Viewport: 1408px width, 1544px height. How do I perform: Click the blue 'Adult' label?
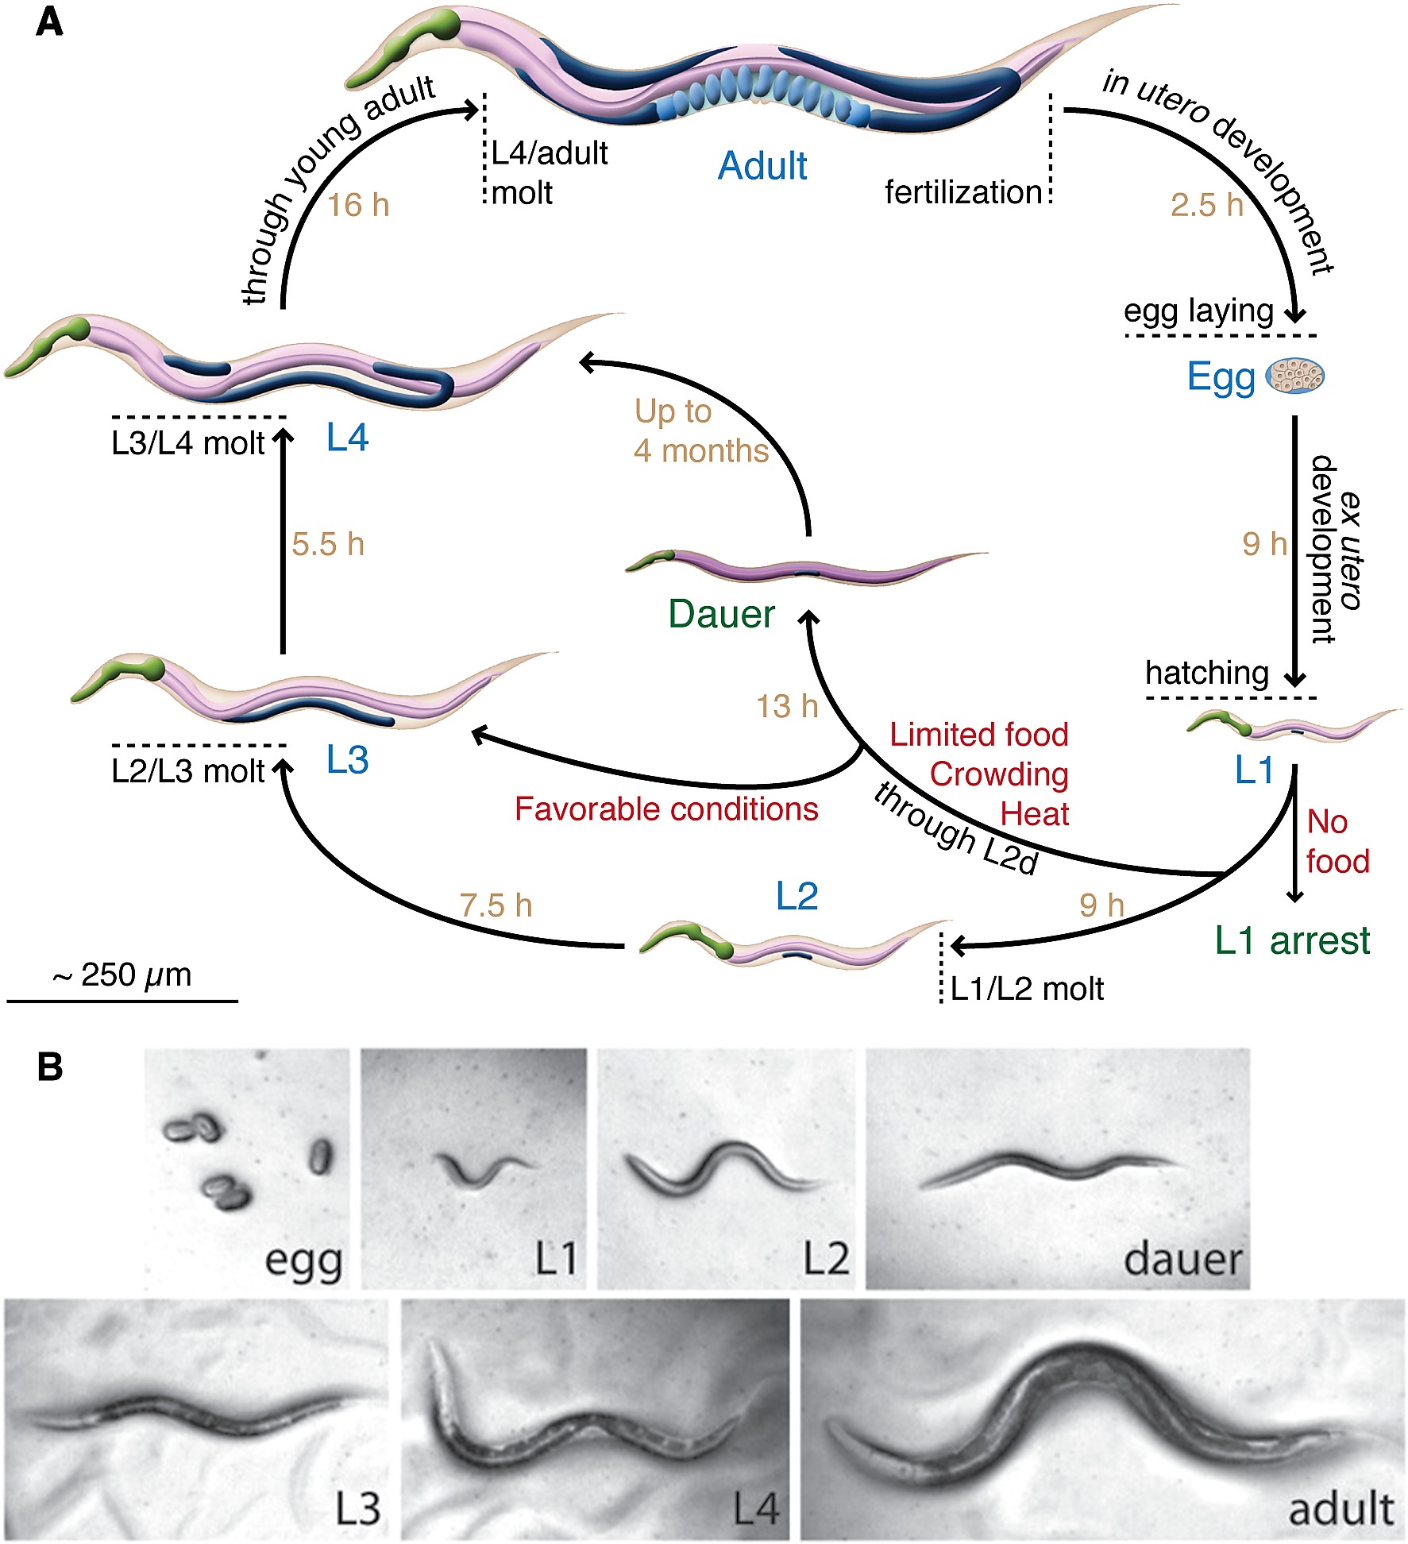[762, 167]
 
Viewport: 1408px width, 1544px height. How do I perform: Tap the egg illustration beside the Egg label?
[1294, 376]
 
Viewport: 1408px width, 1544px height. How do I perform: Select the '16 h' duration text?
[358, 206]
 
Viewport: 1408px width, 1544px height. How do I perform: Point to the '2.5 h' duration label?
[1206, 205]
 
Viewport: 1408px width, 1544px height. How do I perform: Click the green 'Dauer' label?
[721, 614]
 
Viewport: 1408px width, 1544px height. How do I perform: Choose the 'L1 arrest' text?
[1292, 941]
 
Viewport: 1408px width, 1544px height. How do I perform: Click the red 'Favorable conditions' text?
[666, 809]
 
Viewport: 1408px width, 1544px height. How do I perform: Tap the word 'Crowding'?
[999, 774]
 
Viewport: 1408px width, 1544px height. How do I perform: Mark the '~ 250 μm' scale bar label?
[122, 975]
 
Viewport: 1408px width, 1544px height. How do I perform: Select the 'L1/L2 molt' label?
[1026, 990]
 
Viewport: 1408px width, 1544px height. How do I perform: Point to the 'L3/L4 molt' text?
[187, 443]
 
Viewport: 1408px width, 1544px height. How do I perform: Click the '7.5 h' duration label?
[496, 905]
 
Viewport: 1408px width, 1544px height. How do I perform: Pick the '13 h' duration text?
[786, 706]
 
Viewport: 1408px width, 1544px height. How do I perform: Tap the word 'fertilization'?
[963, 193]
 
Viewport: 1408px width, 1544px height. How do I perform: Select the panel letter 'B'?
[50, 1067]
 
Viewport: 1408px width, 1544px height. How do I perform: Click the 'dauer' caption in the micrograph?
[1182, 1260]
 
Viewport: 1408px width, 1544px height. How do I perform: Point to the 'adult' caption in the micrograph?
[1340, 1510]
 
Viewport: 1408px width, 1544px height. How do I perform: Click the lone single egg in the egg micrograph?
[320, 1156]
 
